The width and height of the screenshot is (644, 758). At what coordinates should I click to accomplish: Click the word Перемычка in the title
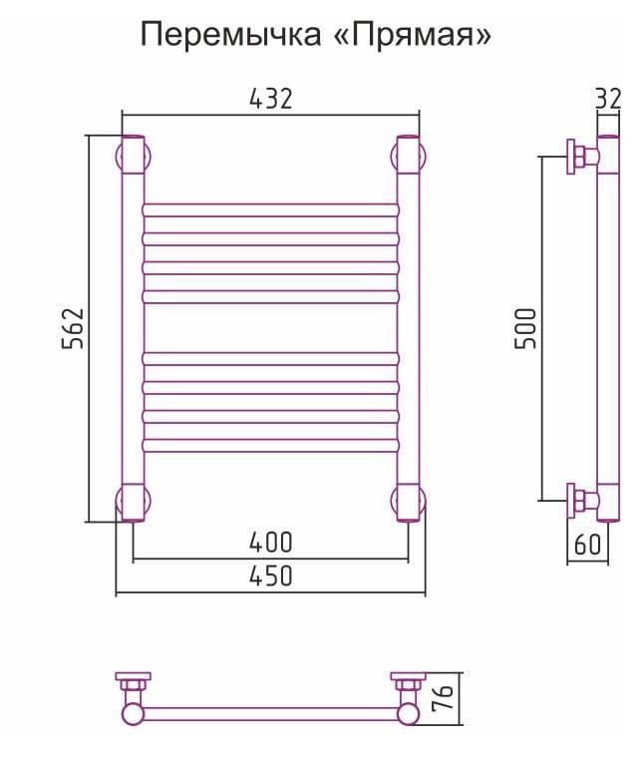tap(230, 35)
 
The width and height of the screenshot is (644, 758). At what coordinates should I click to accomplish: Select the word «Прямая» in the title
tap(413, 35)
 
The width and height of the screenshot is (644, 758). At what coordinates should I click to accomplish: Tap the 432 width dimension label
tap(270, 99)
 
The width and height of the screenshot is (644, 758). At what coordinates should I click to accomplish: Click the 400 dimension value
tap(270, 543)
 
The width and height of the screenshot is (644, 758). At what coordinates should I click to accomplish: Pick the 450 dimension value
tap(270, 576)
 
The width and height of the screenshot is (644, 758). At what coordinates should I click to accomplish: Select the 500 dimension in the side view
tap(525, 328)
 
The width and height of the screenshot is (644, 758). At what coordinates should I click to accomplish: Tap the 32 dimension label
tap(608, 99)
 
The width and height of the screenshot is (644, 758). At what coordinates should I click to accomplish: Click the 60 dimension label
tap(587, 545)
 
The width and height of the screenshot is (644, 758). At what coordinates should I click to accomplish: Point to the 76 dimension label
tap(442, 697)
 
